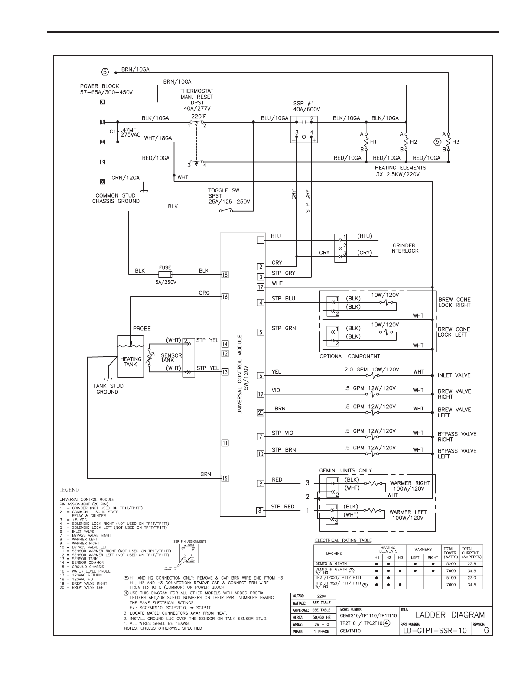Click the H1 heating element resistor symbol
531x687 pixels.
366,142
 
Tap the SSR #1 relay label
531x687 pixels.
304,104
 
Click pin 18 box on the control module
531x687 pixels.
225,274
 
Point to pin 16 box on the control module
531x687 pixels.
225,297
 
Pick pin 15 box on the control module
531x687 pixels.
225,479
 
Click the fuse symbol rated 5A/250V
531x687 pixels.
165,275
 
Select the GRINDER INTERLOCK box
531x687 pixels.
383,248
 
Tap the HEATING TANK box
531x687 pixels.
130,361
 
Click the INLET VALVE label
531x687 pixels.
454,375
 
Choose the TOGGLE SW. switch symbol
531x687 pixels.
226,211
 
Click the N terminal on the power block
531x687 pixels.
102,142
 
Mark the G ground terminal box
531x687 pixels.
102,182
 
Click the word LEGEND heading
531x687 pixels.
69,490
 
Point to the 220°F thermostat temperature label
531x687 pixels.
196,117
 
